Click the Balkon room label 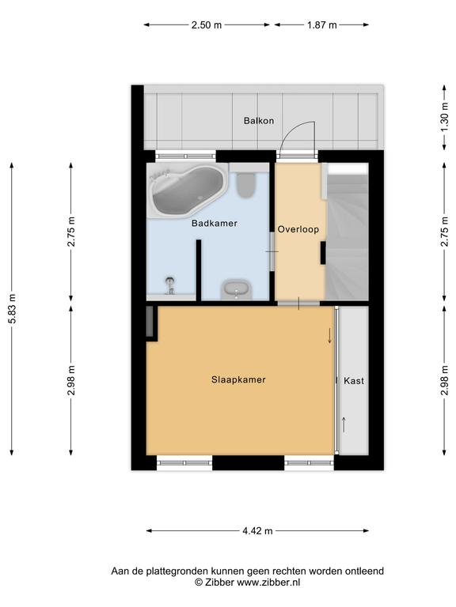259,121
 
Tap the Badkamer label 215,224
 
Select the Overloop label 298,229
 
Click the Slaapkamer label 238,379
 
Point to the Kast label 354,381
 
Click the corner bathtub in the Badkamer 188,190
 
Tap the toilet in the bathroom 246,183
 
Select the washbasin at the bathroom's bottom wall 236,290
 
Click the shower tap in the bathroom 170,285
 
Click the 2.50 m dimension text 207,25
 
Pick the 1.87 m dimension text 322,25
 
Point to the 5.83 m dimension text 12,308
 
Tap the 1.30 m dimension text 445,116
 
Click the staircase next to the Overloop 346,232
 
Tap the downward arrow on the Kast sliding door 330,336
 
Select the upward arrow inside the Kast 344,424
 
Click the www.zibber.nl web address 268,582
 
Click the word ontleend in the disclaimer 364,571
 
